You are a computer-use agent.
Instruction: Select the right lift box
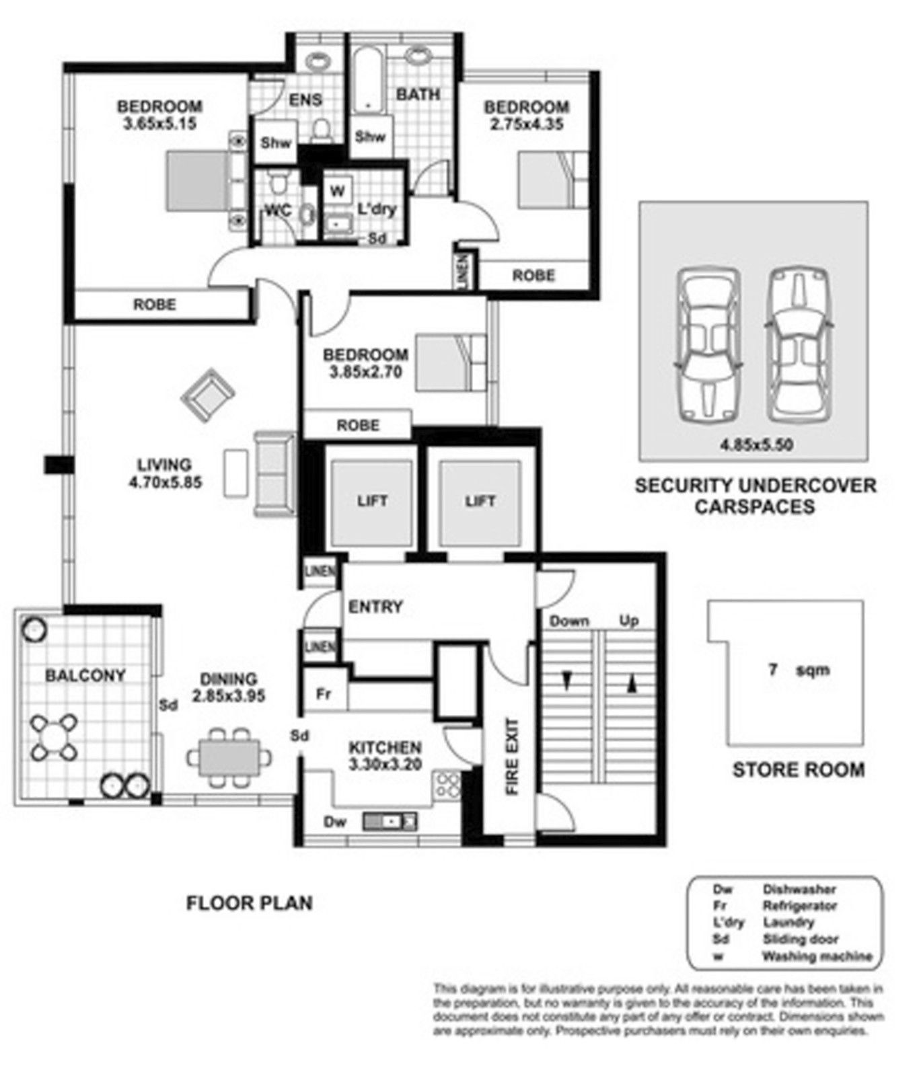pyautogui.click(x=480, y=502)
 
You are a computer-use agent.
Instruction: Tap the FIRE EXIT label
pyautogui.click(x=512, y=757)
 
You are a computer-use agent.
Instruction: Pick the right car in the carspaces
pyautogui.click(x=801, y=345)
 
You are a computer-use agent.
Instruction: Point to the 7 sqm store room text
pyautogui.click(x=798, y=670)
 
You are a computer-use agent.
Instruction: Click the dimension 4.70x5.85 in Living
pyautogui.click(x=166, y=482)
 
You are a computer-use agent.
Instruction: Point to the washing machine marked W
pyautogui.click(x=337, y=190)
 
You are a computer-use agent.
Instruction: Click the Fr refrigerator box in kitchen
pyautogui.click(x=324, y=694)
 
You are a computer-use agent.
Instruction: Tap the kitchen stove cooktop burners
pyautogui.click(x=448, y=785)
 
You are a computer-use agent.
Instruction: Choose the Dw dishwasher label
pyautogui.click(x=334, y=822)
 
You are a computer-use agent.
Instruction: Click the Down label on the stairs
pyautogui.click(x=569, y=621)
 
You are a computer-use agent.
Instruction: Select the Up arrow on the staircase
pyautogui.click(x=631, y=685)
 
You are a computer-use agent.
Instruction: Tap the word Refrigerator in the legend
pyautogui.click(x=799, y=905)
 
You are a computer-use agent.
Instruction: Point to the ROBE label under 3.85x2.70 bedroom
pyautogui.click(x=358, y=425)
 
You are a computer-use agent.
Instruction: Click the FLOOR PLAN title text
pyautogui.click(x=249, y=902)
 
